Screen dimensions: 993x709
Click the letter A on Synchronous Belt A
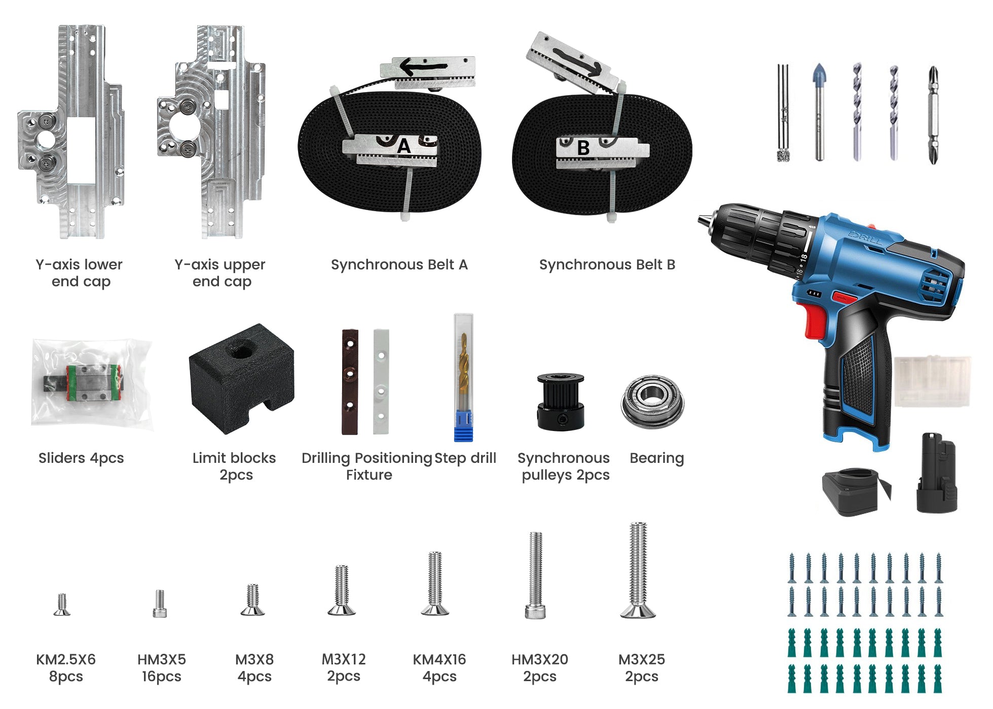[403, 146]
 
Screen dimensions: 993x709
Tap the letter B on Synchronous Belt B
[583, 148]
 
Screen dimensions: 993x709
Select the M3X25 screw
[638, 570]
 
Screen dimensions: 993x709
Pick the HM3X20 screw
[536, 575]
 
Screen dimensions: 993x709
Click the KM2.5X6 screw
[62, 604]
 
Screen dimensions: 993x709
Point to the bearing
[652, 402]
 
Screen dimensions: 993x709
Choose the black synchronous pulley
[561, 402]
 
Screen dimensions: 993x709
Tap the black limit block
[242, 378]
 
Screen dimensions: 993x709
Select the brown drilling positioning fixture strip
[350, 382]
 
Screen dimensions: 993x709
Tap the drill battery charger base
[856, 491]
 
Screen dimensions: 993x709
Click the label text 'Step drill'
[465, 458]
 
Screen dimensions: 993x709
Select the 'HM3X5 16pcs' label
[162, 668]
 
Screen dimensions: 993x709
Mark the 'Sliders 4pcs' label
[81, 458]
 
